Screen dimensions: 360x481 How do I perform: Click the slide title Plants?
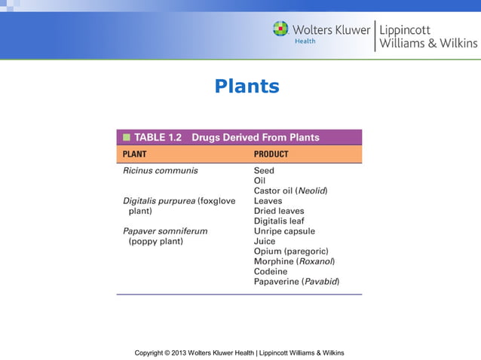pyautogui.click(x=247, y=87)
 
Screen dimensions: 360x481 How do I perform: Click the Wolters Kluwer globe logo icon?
pyautogui.click(x=280, y=29)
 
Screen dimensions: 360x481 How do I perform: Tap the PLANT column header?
pyautogui.click(x=135, y=154)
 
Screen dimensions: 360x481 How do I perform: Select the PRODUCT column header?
pyautogui.click(x=271, y=154)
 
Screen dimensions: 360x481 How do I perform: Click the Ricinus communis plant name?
pyautogui.click(x=161, y=171)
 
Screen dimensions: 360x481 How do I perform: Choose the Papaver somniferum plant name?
pyautogui.click(x=165, y=231)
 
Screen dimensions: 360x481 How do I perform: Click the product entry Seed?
pyautogui.click(x=264, y=171)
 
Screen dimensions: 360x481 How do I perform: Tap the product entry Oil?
pyautogui.click(x=259, y=181)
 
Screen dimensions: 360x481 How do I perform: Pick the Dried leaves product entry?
pyautogui.click(x=279, y=212)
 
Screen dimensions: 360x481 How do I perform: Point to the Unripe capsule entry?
pyautogui.click(x=284, y=231)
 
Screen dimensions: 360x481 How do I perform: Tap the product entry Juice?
pyautogui.click(x=265, y=242)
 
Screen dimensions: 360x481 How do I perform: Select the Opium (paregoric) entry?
pyautogui.click(x=291, y=252)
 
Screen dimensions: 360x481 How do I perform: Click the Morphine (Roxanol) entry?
pyautogui.click(x=294, y=261)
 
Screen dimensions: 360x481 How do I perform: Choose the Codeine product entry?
pyautogui.click(x=271, y=271)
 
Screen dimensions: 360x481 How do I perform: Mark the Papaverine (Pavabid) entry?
pyautogui.click(x=296, y=282)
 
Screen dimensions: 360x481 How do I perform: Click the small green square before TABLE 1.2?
pyautogui.click(x=126, y=138)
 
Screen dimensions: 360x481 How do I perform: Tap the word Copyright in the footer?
pyautogui.click(x=151, y=352)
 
